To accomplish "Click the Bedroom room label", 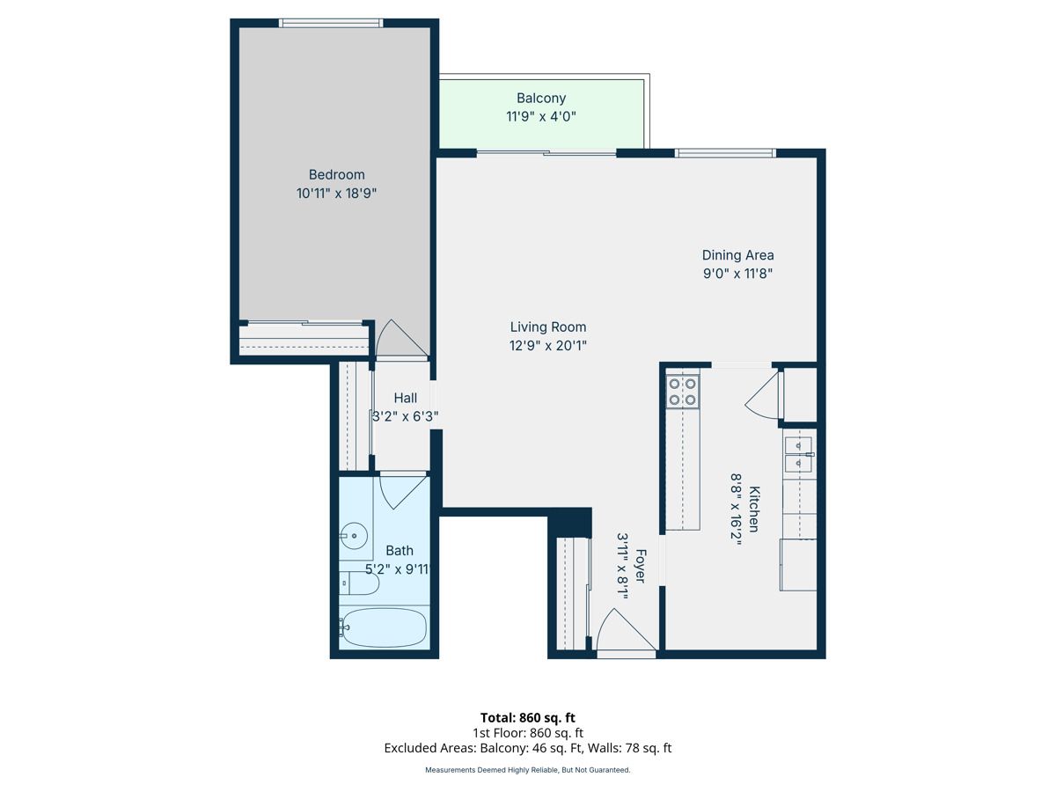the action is pos(336,174).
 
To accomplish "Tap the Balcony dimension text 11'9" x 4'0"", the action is pos(540,116).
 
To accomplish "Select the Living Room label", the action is pos(548,327).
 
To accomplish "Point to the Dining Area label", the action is pos(737,255).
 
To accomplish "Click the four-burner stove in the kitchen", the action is pos(683,392).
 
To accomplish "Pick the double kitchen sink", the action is pos(798,454).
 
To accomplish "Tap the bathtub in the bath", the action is pos(384,627).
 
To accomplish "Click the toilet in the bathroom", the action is pos(359,583).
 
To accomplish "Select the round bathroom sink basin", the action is pos(354,535).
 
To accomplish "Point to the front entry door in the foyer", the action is pos(626,631).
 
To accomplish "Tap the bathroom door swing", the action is pos(403,491).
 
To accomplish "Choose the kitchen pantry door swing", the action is pos(762,395).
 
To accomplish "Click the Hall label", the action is pos(405,398).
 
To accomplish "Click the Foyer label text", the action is pos(641,566).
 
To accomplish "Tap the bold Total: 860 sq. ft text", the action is pos(528,717).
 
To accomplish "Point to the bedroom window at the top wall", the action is pos(331,23).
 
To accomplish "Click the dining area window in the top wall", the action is pos(725,153).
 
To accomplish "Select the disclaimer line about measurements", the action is pos(528,770).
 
